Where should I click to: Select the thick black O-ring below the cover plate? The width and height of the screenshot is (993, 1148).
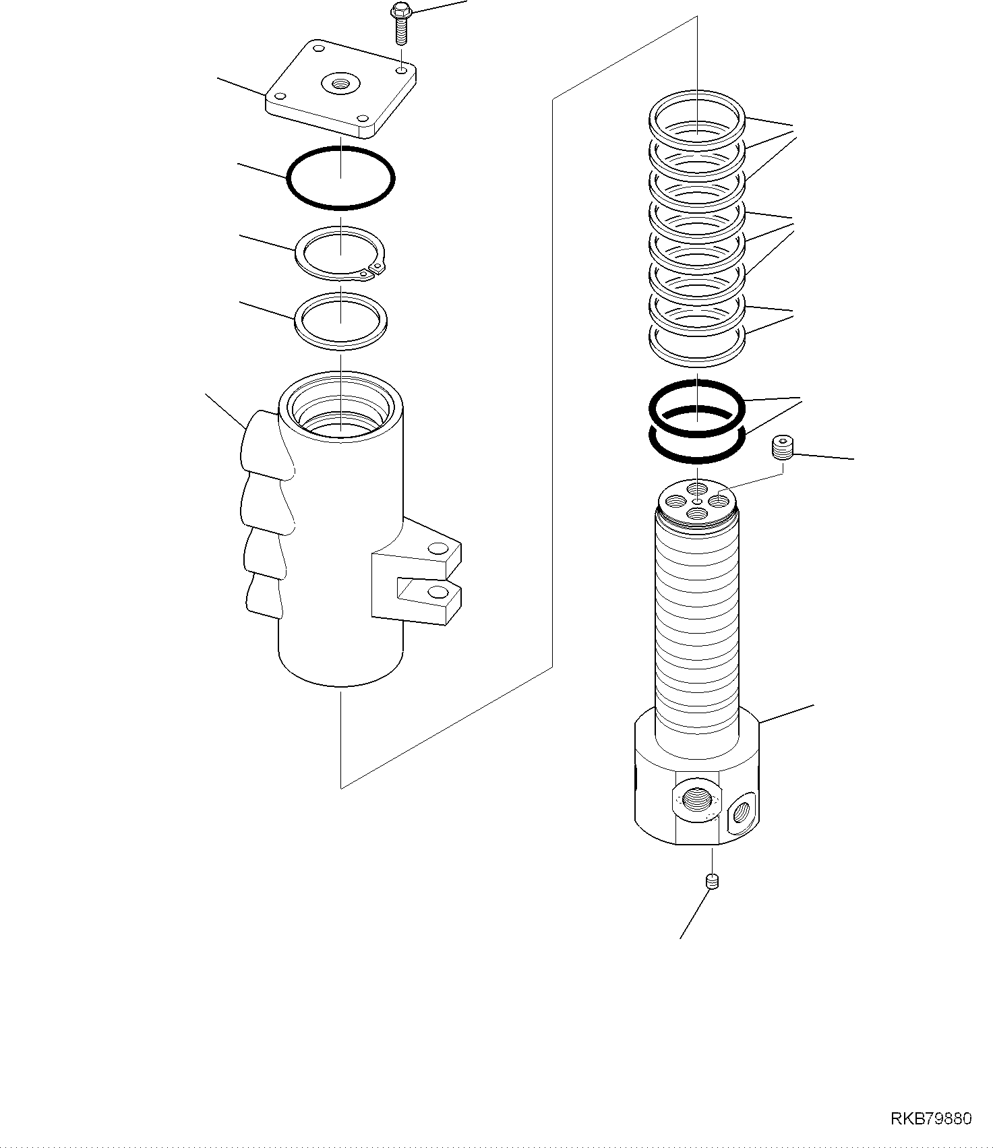point(341,177)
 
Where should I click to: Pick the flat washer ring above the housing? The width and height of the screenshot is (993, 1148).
point(341,320)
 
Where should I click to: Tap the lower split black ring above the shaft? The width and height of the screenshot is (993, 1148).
point(697,445)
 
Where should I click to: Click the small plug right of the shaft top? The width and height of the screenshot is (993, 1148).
point(783,448)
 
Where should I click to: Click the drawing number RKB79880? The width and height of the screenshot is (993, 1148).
point(930,1118)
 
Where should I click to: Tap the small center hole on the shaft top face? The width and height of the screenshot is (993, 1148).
point(697,500)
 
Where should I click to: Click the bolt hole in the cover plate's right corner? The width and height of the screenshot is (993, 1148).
point(402,70)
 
